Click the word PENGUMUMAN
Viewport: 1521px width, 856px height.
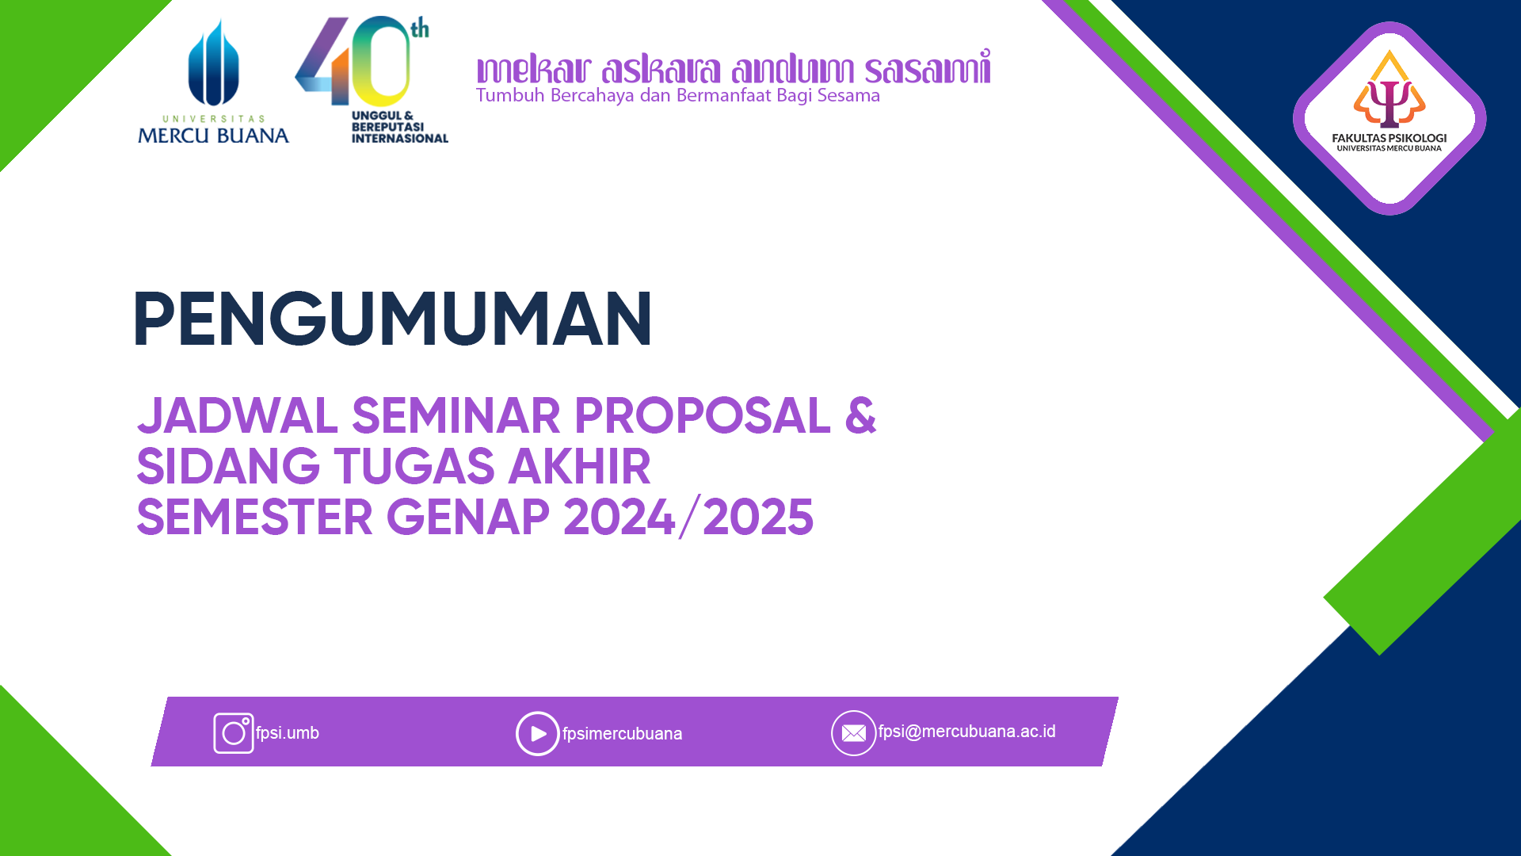(393, 319)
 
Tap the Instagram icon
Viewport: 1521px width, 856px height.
(234, 733)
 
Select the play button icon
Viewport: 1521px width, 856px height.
(538, 734)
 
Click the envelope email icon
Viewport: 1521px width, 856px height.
(853, 733)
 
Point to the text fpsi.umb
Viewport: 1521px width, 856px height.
(287, 733)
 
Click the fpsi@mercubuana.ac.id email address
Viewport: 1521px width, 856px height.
(966, 732)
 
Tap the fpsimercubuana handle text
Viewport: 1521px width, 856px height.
(622, 734)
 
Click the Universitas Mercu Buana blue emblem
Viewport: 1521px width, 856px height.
(213, 63)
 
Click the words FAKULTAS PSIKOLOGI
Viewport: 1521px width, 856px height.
(1389, 138)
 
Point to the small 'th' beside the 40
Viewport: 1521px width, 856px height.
(420, 29)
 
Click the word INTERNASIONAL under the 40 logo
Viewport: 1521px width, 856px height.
(400, 139)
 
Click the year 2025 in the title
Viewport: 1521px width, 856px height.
(758, 517)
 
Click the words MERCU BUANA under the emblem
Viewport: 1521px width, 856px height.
(213, 136)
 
